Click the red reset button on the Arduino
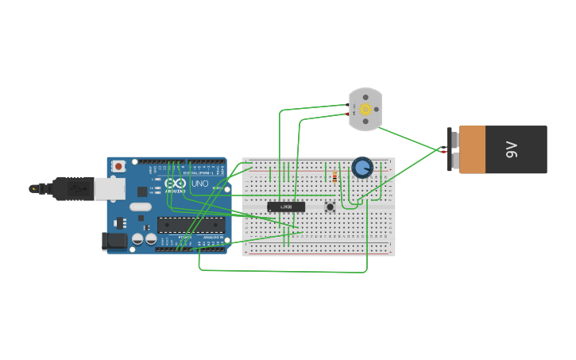pyautogui.click(x=118, y=166)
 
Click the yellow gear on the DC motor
pyautogui.click(x=365, y=110)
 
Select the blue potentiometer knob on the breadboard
pyautogui.click(x=362, y=168)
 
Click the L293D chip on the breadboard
pyautogui.click(x=286, y=207)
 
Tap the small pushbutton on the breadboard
pyautogui.click(x=330, y=207)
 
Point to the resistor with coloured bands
pyautogui.click(x=334, y=176)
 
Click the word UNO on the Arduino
pyautogui.click(x=199, y=184)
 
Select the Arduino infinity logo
pyautogui.click(x=176, y=184)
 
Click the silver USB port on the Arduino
pyautogui.click(x=109, y=188)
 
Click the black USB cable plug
pyautogui.click(x=75, y=189)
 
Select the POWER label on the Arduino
pyautogui.click(x=184, y=237)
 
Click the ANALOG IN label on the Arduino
pyautogui.click(x=211, y=237)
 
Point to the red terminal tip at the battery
pyautogui.click(x=444, y=151)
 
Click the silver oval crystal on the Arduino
pyautogui.click(x=141, y=207)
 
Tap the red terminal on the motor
pyautogui.click(x=348, y=114)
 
